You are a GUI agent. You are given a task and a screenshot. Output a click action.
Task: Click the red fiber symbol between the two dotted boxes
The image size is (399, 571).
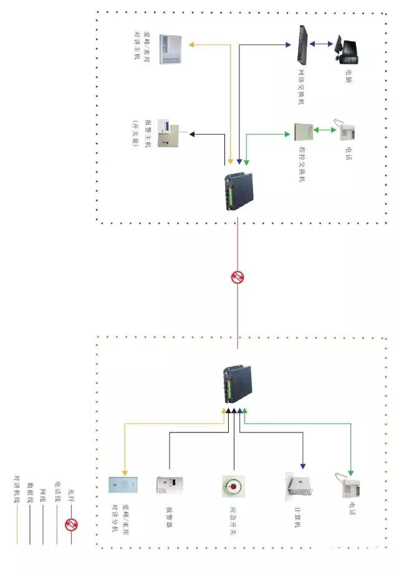point(238,277)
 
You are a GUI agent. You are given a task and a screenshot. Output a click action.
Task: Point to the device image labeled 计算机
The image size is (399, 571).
point(297,486)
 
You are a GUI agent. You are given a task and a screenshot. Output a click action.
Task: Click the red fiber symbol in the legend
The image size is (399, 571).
point(71,525)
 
